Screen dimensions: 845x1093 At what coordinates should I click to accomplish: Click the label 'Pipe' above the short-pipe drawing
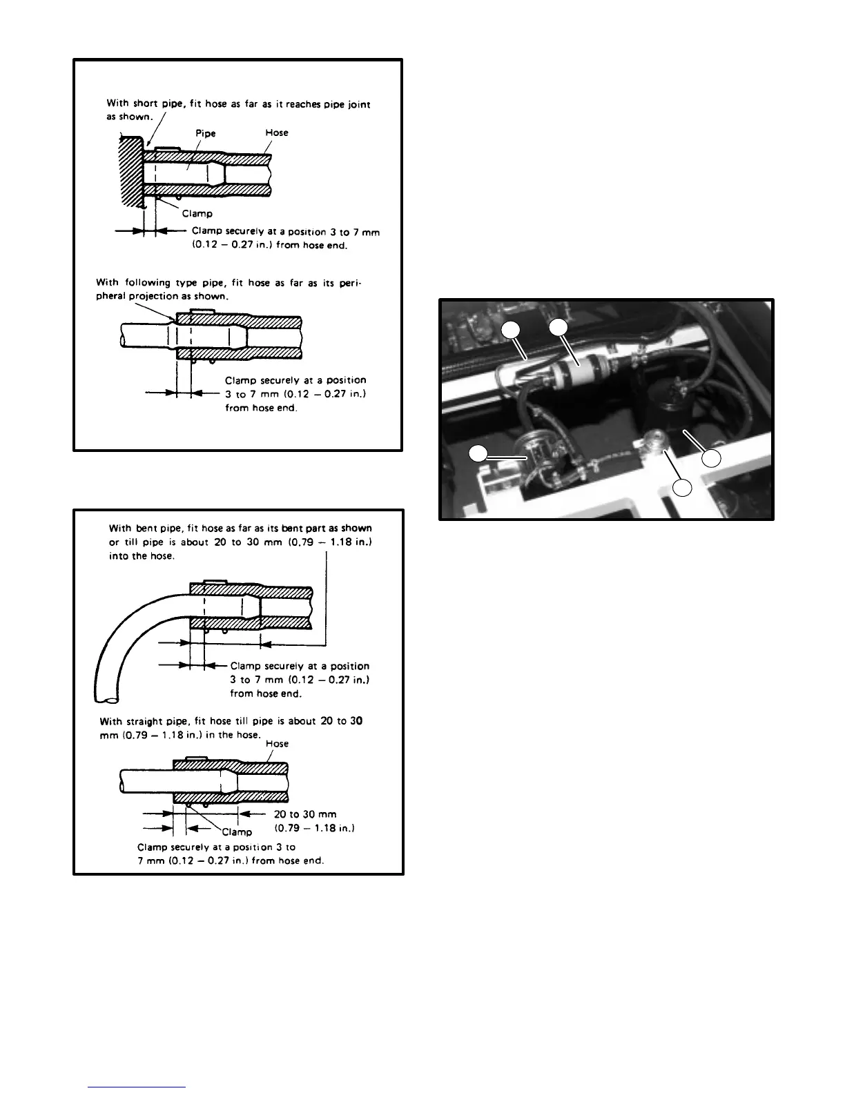point(206,134)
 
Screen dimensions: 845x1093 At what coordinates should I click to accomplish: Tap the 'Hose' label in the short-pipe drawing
point(277,132)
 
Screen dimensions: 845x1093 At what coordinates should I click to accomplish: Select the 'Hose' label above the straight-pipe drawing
point(277,744)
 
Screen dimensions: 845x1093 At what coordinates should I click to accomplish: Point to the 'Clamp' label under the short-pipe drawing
point(197,213)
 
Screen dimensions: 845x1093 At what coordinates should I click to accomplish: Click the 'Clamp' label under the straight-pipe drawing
point(237,831)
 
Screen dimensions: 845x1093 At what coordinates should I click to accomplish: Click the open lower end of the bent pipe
point(102,691)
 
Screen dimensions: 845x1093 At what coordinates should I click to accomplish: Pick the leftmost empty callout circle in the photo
point(478,453)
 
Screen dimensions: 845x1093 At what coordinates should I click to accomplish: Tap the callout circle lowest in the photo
point(682,488)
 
